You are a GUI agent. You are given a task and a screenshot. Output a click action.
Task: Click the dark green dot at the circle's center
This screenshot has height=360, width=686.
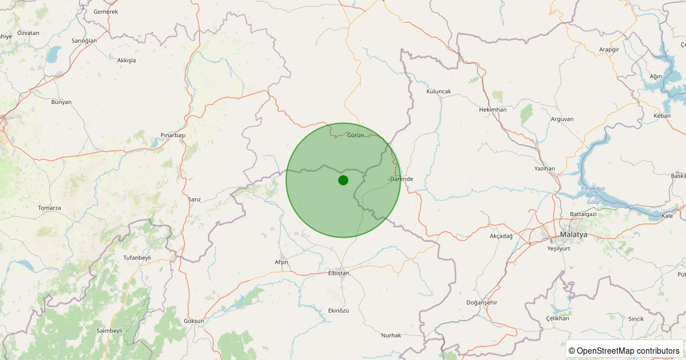tap(343, 180)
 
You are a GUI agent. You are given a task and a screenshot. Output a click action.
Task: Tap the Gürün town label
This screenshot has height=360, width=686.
tap(356, 135)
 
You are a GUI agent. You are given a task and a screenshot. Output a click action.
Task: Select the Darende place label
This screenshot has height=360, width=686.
tap(401, 179)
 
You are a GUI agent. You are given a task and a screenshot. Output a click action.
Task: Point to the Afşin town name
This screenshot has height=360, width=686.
tap(281, 262)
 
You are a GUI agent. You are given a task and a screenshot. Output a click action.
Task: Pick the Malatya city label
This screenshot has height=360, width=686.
tap(573, 235)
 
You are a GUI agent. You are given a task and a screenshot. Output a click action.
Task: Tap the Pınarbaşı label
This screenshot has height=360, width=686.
tap(173, 135)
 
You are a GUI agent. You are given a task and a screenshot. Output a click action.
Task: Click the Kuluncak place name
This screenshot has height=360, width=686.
tap(439, 91)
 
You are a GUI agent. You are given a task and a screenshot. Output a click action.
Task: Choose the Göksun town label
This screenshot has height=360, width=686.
tap(194, 321)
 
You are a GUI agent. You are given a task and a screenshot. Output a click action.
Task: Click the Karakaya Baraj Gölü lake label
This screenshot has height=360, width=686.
tap(593, 195)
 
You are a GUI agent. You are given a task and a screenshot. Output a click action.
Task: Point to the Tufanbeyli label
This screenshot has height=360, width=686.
tap(137, 258)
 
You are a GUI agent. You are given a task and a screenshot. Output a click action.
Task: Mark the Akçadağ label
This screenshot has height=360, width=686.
tap(501, 236)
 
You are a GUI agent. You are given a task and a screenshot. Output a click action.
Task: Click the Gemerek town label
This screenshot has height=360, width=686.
tap(105, 11)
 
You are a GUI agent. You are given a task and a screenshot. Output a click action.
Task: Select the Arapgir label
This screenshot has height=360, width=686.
tap(609, 50)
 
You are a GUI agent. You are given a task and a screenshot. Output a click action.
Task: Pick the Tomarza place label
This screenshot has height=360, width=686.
tap(49, 208)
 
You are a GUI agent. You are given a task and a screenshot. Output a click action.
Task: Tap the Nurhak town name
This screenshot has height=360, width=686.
tap(391, 335)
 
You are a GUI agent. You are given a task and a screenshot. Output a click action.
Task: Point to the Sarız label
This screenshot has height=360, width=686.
tap(194, 199)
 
